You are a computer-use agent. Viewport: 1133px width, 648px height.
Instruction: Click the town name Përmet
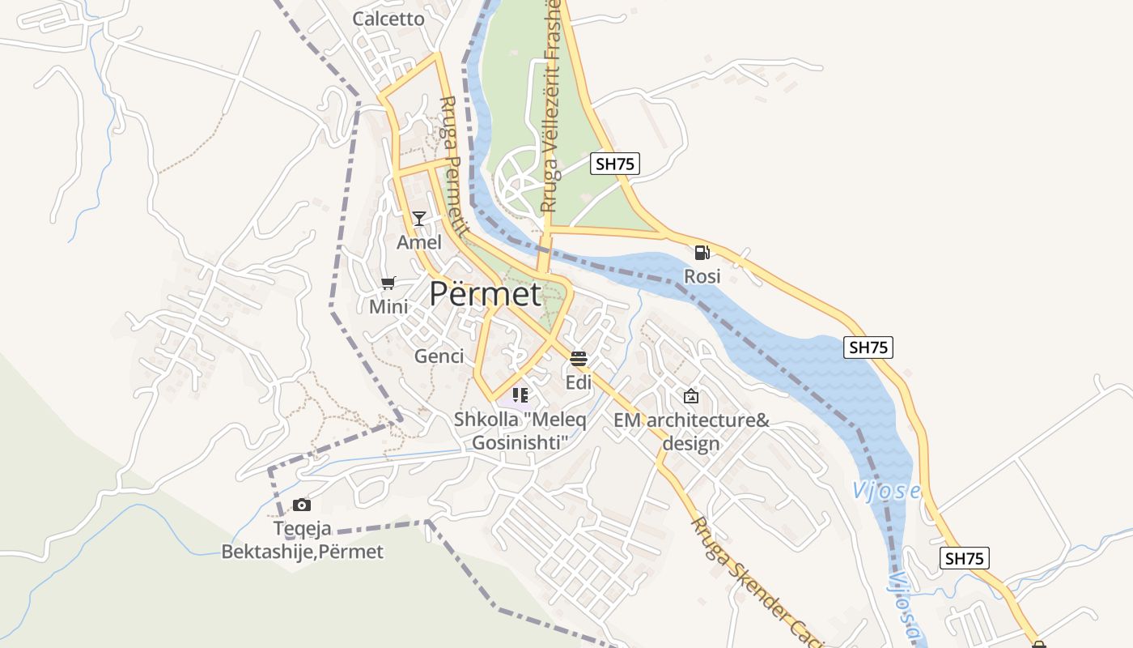pyautogui.click(x=485, y=293)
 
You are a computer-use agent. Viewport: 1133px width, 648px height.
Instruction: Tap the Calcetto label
pyautogui.click(x=388, y=19)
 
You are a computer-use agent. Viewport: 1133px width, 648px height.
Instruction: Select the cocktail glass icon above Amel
pyautogui.click(x=419, y=218)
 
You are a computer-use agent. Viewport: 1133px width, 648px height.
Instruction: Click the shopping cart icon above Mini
pyautogui.click(x=388, y=283)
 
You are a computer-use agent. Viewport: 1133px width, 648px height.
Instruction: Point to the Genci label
pyautogui.click(x=439, y=356)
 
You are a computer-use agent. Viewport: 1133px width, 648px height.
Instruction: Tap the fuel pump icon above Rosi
pyautogui.click(x=702, y=252)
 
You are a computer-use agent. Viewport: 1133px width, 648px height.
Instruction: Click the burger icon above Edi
pyautogui.click(x=578, y=358)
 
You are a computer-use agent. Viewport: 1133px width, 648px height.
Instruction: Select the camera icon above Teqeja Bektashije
pyautogui.click(x=302, y=505)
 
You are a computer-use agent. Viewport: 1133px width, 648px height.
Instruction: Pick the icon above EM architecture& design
pyautogui.click(x=690, y=396)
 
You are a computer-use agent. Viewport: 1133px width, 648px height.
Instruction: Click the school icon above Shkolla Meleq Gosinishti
pyautogui.click(x=520, y=395)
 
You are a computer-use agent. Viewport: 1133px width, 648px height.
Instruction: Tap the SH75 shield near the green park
pyautogui.click(x=615, y=164)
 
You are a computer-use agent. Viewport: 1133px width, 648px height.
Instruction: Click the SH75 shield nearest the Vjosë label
pyautogui.click(x=965, y=558)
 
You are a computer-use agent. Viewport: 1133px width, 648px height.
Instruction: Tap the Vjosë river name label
pyautogui.click(x=886, y=491)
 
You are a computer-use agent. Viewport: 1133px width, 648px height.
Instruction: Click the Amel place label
pyautogui.click(x=419, y=242)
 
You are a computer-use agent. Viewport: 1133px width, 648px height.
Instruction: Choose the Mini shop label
pyautogui.click(x=388, y=307)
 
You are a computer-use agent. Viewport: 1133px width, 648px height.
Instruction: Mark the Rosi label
pyautogui.click(x=702, y=276)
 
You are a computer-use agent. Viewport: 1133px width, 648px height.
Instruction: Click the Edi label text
pyautogui.click(x=578, y=382)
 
